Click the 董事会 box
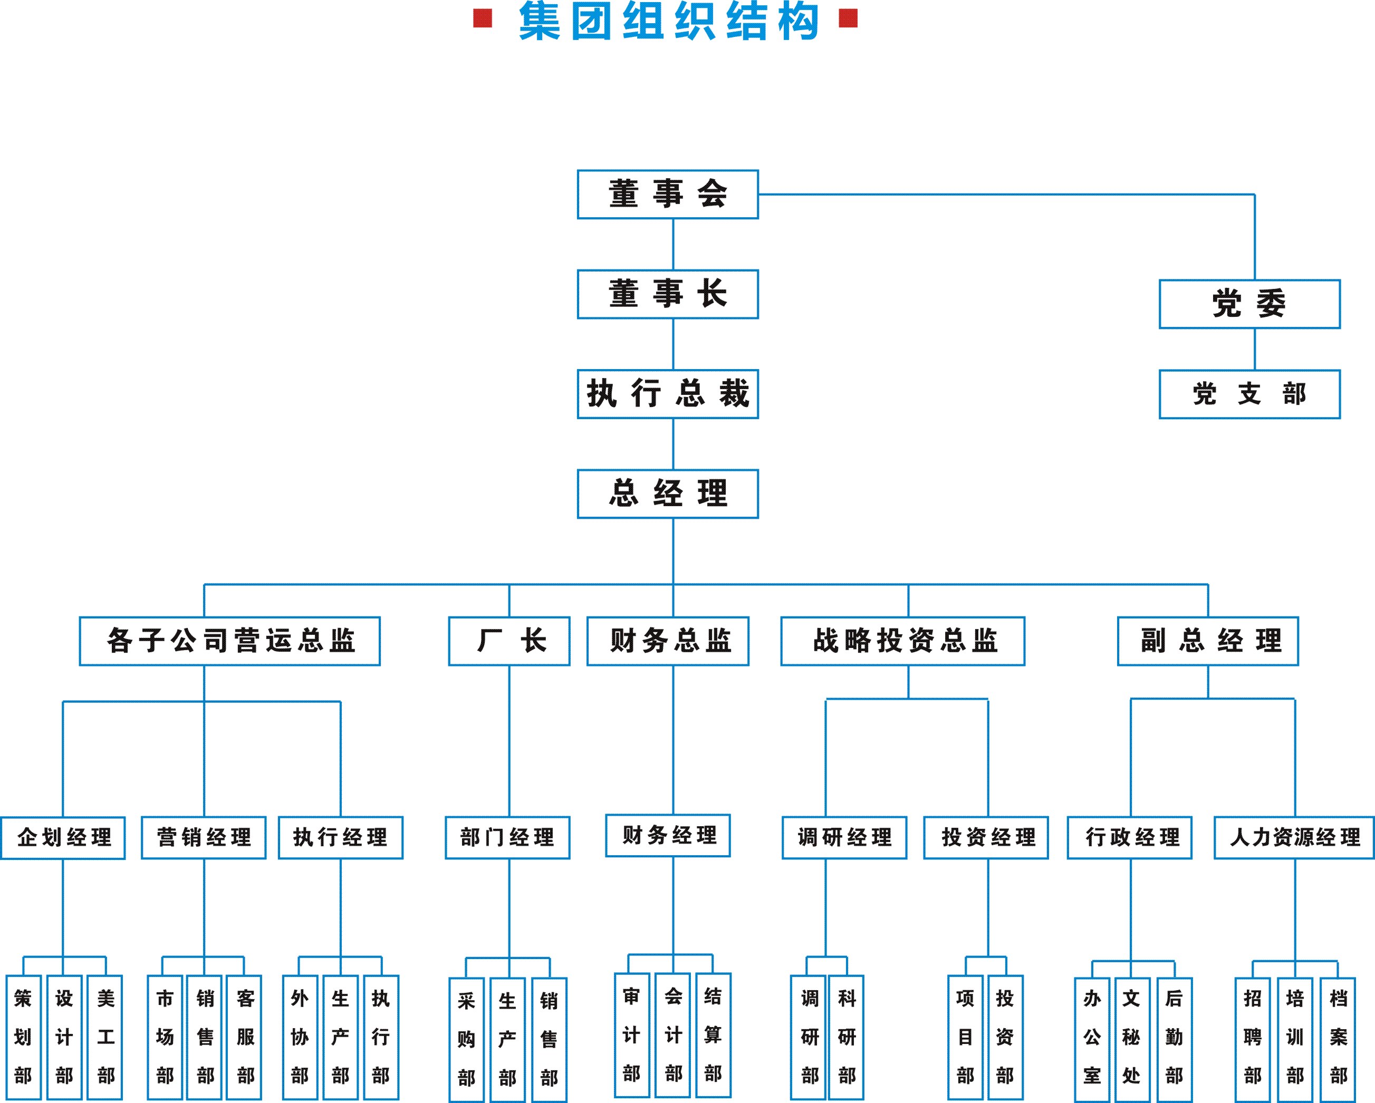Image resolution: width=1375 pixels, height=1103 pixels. click(x=668, y=195)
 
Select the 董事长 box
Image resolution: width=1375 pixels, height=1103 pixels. click(x=668, y=294)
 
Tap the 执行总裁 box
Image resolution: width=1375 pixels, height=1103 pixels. click(x=668, y=394)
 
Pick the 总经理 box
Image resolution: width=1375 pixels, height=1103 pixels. click(x=668, y=494)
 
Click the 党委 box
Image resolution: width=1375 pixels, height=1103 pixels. click(x=1249, y=304)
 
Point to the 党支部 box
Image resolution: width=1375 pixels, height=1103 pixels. click(x=1249, y=394)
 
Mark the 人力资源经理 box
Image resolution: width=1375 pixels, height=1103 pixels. click(x=1294, y=837)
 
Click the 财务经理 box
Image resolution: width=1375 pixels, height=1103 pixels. click(x=668, y=835)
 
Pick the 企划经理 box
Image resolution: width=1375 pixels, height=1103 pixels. click(x=63, y=837)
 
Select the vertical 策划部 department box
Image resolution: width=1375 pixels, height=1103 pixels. click(x=23, y=1037)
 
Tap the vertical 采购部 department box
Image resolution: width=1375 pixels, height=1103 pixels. click(x=466, y=1039)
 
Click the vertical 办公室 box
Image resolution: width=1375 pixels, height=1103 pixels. click(x=1092, y=1039)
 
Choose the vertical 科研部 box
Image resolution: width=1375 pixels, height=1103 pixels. click(x=847, y=1037)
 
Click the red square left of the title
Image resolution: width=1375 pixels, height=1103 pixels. click(x=483, y=18)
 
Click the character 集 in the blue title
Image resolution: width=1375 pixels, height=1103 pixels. click(x=540, y=21)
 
